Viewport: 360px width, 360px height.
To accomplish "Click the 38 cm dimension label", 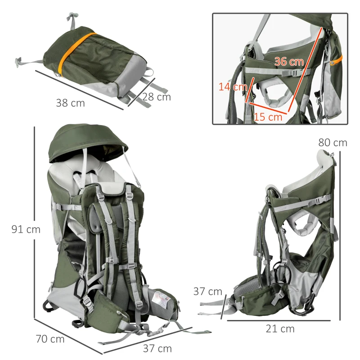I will (x=70, y=103).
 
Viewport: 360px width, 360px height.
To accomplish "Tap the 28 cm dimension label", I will (x=157, y=97).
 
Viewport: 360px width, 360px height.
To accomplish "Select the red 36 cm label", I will (x=289, y=62).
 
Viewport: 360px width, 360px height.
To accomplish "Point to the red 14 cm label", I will (x=233, y=86).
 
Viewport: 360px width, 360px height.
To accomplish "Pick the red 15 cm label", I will (x=268, y=117).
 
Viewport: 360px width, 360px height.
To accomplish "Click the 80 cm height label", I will (x=333, y=143).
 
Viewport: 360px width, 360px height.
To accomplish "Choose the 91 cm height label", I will (x=26, y=229).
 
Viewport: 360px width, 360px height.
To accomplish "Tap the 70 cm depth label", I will (x=49, y=339).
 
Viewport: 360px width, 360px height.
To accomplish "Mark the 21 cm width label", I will (x=280, y=329).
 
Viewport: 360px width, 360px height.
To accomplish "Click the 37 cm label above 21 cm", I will (x=208, y=292).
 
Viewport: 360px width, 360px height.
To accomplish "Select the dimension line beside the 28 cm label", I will (x=141, y=92).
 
